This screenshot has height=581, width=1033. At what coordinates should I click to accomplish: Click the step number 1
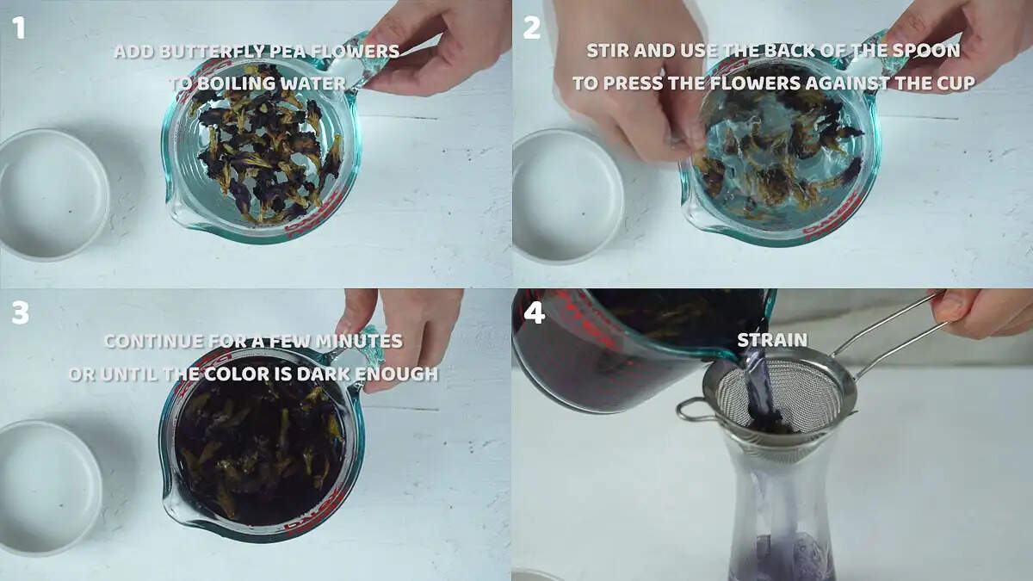18,28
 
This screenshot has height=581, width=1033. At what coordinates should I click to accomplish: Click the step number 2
532,28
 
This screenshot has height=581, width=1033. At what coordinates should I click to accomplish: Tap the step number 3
21,313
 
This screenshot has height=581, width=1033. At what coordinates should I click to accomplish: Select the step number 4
535,313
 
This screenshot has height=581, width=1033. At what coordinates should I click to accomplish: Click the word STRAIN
772,340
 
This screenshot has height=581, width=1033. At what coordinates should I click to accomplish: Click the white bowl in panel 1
53,195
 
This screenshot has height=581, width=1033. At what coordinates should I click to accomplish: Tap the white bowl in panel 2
567,196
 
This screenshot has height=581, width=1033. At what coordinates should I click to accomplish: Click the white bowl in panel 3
50,488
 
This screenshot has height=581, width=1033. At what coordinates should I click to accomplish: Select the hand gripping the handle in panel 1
434,46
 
